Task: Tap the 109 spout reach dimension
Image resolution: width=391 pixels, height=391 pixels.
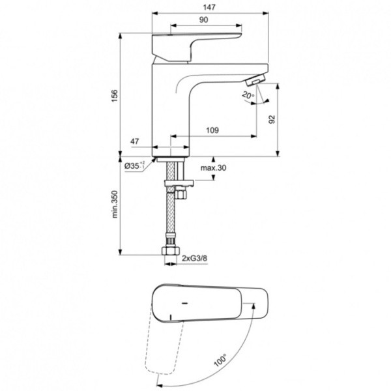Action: click(212, 130)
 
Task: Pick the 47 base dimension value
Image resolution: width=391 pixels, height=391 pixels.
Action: click(135, 141)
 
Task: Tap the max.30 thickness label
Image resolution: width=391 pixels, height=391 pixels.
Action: click(213, 168)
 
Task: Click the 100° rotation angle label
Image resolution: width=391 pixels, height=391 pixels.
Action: click(218, 359)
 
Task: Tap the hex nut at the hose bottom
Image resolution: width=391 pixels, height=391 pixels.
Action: click(170, 250)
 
